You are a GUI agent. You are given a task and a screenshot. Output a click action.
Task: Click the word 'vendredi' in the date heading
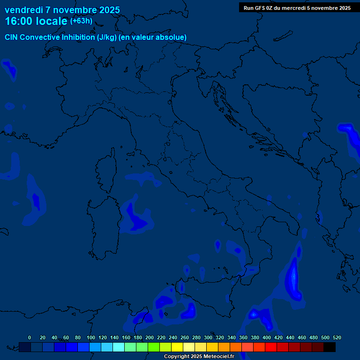point(24,10)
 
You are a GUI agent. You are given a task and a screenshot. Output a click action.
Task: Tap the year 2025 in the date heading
point(109,10)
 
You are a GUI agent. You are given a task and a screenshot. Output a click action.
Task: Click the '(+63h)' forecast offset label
point(81,21)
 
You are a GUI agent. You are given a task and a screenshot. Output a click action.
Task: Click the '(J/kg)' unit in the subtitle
point(107,37)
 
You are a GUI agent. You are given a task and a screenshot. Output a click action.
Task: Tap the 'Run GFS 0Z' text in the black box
point(259,8)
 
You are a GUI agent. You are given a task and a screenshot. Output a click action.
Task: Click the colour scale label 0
point(30,337)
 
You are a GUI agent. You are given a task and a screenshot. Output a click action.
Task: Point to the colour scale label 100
point(91,337)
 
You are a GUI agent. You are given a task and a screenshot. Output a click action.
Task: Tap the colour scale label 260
point(185,337)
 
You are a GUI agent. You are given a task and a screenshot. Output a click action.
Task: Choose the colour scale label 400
point(267,337)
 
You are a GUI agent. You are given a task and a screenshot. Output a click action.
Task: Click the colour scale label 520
point(337,337)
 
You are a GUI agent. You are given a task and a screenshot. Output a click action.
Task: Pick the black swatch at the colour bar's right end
point(330,347)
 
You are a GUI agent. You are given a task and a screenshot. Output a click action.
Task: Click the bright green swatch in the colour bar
point(154,347)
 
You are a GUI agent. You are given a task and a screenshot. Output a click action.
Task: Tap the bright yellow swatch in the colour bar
point(177,347)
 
